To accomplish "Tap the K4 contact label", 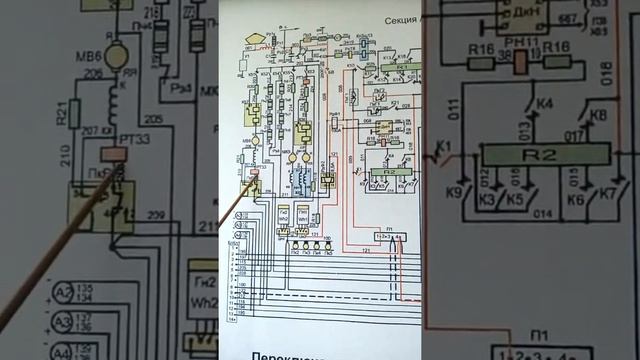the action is click(x=518, y=104).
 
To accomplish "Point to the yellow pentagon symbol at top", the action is click(x=256, y=38).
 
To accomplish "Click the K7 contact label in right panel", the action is click(x=606, y=190).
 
